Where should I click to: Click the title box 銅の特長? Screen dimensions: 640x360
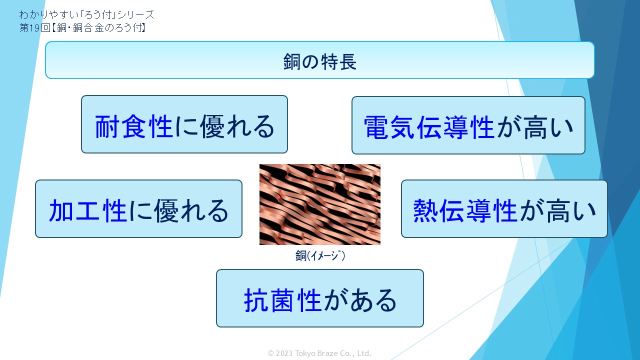tap(319, 60)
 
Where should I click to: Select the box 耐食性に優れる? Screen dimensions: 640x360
tap(184, 124)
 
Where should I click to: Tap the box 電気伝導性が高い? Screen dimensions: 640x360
tap(468, 125)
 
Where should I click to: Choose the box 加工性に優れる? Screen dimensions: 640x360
tap(138, 208)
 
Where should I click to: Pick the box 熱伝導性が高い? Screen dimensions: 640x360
tap(504, 208)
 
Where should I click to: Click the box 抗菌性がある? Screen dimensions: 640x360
tap(319, 298)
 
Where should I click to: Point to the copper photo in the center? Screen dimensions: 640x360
tap(319, 204)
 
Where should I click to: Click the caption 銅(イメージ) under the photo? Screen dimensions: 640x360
tap(320, 255)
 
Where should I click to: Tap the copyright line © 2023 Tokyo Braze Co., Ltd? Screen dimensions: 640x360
tap(319, 353)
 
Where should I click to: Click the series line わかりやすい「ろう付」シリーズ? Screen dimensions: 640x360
tap(86, 14)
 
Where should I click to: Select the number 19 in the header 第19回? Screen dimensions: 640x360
tap(34, 27)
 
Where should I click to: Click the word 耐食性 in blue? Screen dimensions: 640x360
tap(133, 126)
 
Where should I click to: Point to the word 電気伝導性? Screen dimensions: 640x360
tap(429, 127)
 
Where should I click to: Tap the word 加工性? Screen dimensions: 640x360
tap(87, 210)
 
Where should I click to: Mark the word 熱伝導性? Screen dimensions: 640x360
tap(465, 210)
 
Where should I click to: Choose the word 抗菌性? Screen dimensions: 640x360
tap(282, 300)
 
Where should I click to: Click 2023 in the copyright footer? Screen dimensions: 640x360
tap(284, 353)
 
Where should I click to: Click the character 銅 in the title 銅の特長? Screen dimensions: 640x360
tap(291, 61)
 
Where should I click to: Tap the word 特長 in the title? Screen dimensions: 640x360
tap(339, 61)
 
